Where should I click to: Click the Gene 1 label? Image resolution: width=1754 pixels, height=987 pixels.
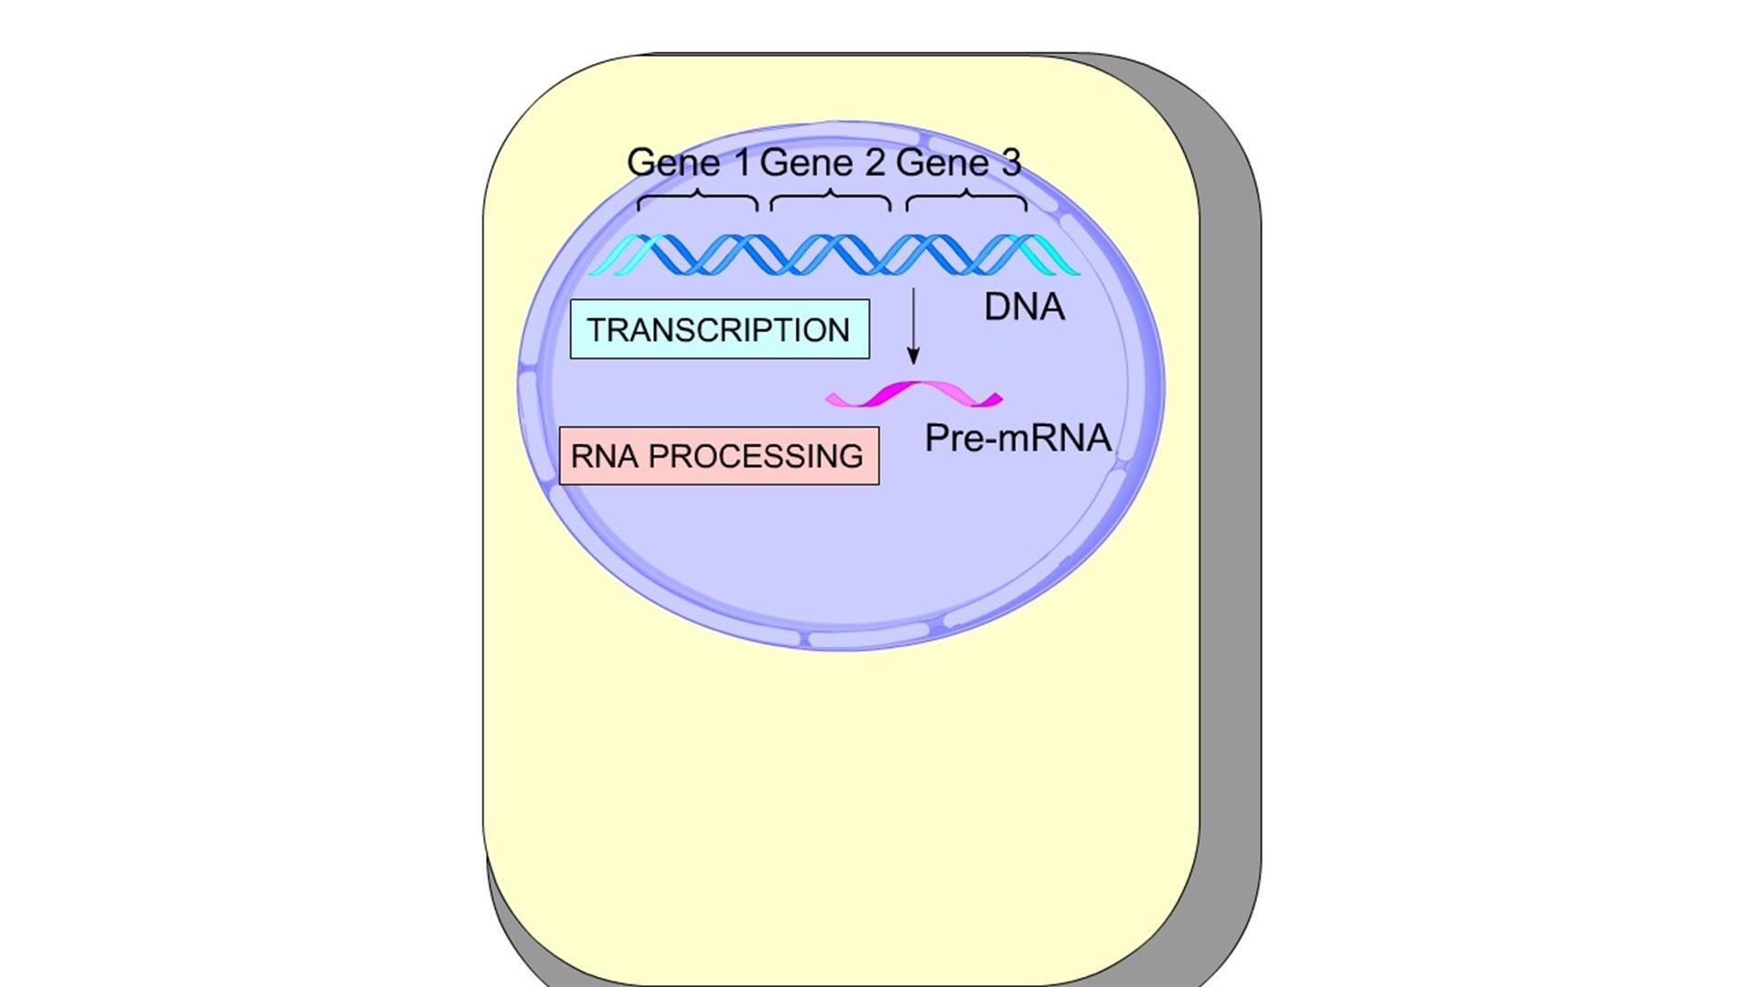[689, 163]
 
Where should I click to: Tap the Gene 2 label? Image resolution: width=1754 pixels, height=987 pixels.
[822, 163]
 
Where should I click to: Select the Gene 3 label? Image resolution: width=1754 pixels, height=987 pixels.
[958, 163]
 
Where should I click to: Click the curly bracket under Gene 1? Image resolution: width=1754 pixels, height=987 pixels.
[697, 200]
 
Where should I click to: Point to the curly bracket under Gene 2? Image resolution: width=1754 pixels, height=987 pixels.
[830, 200]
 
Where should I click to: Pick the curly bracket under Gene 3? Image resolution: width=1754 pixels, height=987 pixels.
[966, 200]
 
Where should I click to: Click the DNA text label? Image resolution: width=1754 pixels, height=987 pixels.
[1024, 307]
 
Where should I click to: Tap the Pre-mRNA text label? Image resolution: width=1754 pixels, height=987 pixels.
[1018, 438]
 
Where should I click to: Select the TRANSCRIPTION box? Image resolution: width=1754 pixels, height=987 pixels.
[719, 329]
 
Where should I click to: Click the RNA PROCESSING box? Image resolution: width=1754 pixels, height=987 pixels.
[718, 455]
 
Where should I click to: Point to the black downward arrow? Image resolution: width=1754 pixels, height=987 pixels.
[913, 325]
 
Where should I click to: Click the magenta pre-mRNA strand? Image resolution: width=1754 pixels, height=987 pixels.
[914, 394]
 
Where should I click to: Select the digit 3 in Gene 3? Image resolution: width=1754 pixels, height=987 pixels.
[1011, 163]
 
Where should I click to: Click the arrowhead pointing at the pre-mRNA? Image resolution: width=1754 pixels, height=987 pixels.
[913, 356]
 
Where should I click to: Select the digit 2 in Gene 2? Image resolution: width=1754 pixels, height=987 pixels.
[874, 163]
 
